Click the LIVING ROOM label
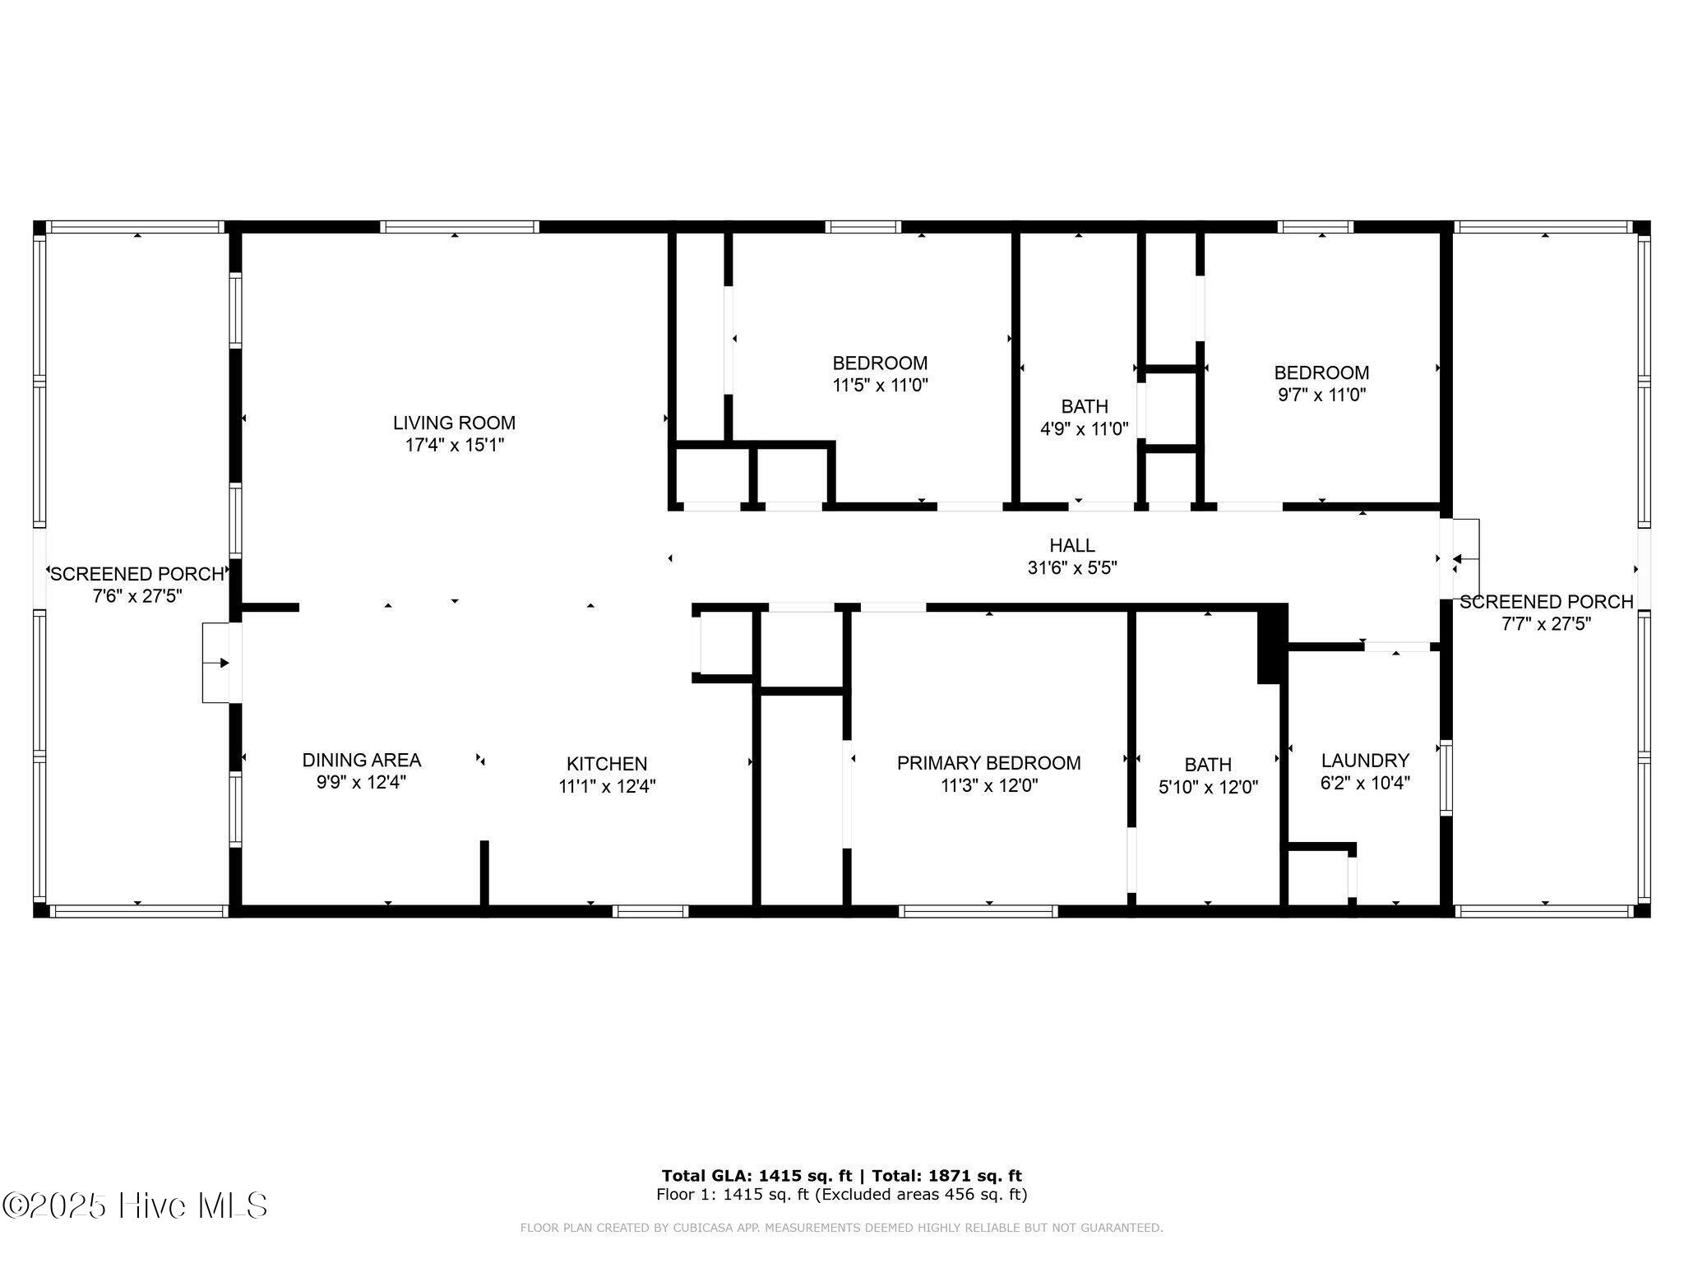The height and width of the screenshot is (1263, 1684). click(454, 423)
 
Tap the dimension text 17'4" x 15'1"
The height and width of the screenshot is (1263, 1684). click(454, 445)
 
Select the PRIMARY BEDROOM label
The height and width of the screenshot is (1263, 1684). click(988, 763)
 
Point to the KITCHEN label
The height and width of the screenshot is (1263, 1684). click(607, 764)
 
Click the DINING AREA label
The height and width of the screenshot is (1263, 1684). click(362, 761)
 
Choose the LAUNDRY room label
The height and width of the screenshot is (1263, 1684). click(1365, 761)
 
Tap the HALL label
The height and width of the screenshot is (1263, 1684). click(1072, 545)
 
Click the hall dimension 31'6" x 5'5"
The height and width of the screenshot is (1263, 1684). click(1072, 567)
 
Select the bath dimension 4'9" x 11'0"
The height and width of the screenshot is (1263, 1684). click(1085, 428)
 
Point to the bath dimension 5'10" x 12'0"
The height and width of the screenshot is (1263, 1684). click(1208, 787)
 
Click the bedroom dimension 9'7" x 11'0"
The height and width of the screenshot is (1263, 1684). click(1321, 395)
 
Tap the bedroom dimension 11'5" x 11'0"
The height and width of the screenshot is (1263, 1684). click(880, 385)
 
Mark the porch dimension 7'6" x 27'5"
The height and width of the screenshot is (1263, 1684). click(137, 595)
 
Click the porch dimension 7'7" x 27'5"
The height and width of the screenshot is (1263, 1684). click(1546, 623)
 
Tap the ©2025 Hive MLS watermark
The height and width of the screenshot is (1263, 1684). click(134, 1205)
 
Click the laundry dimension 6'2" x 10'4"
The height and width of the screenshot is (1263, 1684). click(1365, 783)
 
